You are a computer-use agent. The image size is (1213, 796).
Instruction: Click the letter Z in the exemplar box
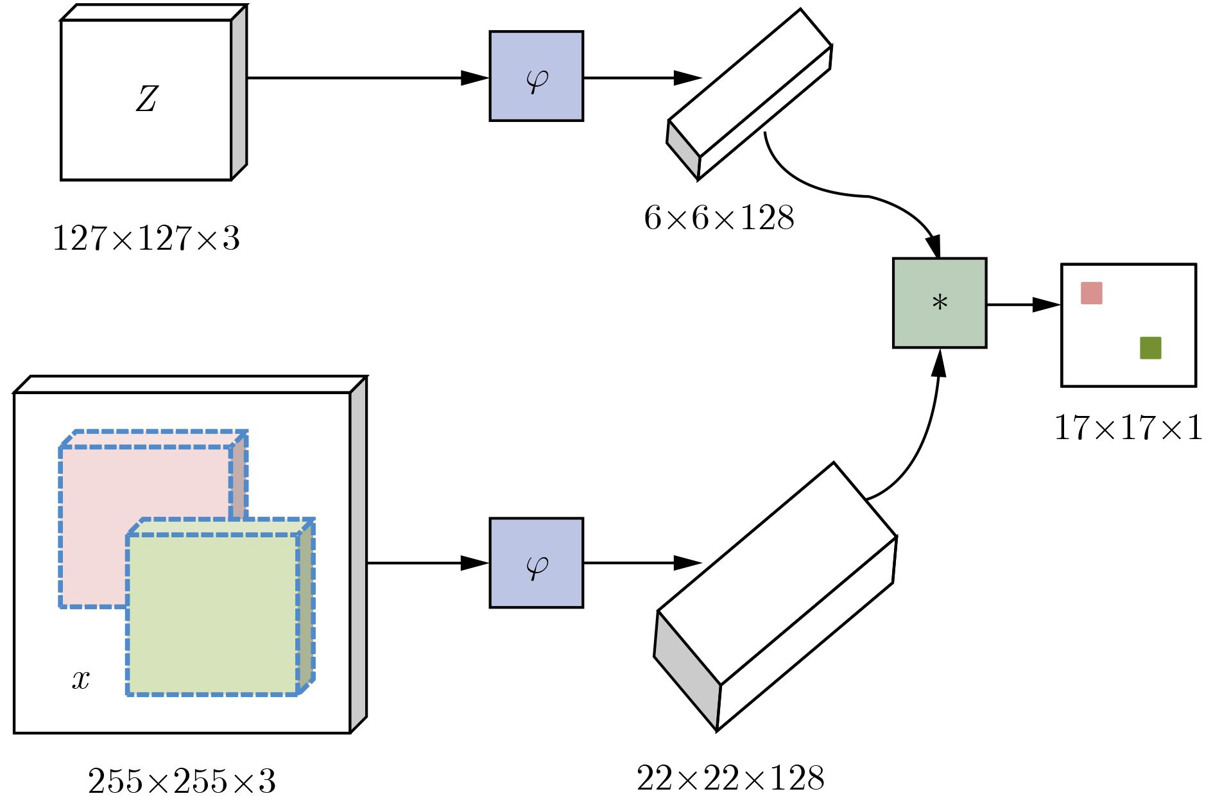click(147, 99)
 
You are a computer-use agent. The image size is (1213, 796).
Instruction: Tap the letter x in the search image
click(81, 679)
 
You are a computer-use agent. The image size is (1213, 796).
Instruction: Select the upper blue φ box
click(536, 76)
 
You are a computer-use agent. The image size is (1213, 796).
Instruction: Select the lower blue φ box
click(536, 563)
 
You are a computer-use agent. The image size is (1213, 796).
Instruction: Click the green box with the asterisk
click(940, 303)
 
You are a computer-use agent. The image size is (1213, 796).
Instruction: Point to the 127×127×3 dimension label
click(146, 238)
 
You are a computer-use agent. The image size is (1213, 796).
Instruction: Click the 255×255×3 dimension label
click(182, 781)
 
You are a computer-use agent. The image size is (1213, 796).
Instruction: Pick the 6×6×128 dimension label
click(719, 218)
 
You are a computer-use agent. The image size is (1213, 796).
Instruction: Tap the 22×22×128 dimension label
click(730, 778)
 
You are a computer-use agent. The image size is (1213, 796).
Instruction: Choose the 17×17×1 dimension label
click(1128, 427)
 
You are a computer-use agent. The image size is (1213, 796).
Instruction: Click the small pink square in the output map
click(1092, 293)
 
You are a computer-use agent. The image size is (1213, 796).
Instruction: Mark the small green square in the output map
click(1150, 348)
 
